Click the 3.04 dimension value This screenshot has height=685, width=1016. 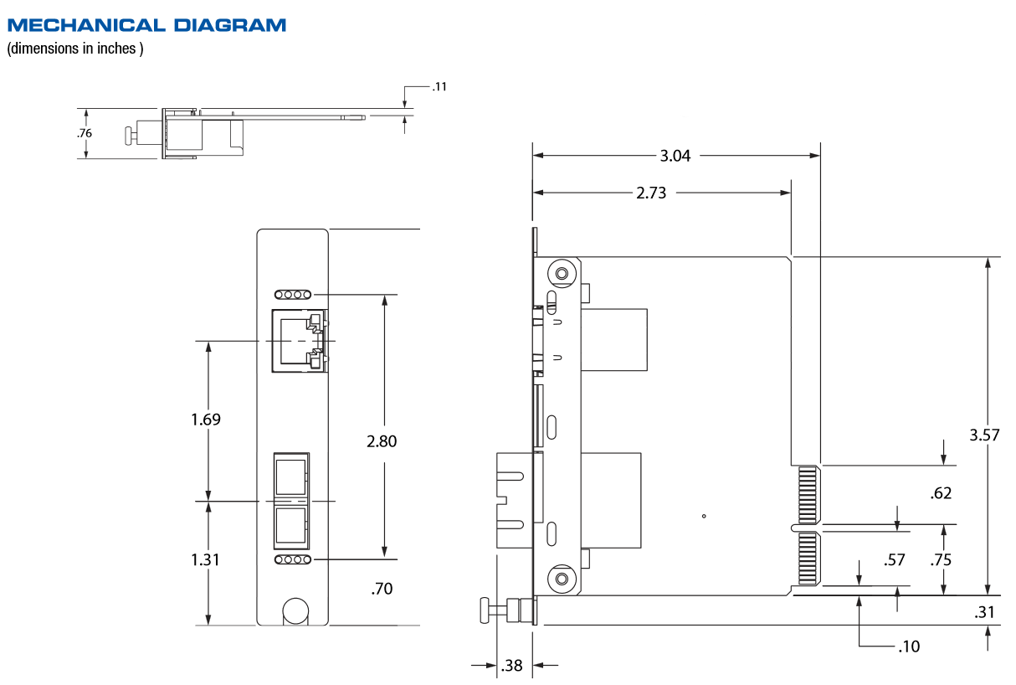[x=675, y=156]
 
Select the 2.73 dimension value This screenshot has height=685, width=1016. [x=651, y=193]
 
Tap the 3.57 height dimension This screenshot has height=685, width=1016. [x=984, y=435]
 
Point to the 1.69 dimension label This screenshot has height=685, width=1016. [x=206, y=419]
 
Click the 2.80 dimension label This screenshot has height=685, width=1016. [x=382, y=441]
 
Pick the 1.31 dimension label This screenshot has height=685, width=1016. [x=205, y=559]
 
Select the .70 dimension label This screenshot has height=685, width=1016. [x=382, y=589]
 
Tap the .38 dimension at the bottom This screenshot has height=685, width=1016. [x=511, y=666]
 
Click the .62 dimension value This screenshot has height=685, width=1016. [x=941, y=493]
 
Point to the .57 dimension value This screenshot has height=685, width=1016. [x=894, y=559]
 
